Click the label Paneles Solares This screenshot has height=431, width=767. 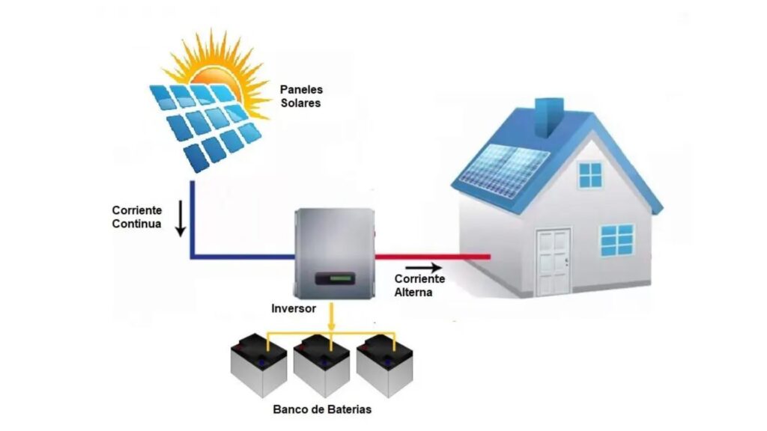301,96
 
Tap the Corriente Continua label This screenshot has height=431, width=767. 136,217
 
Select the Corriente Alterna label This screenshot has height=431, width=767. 419,285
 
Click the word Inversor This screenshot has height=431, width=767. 294,308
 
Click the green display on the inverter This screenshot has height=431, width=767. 332,281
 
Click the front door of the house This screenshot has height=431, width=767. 553,261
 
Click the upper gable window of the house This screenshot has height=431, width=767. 590,174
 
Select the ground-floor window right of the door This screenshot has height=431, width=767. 617,239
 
